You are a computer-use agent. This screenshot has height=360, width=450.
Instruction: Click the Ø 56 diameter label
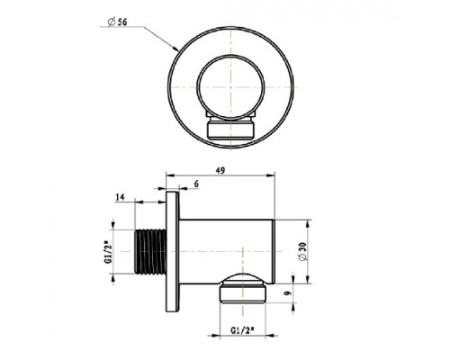pyautogui.click(x=117, y=22)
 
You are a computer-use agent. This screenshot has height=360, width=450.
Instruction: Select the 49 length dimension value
pyautogui.click(x=220, y=170)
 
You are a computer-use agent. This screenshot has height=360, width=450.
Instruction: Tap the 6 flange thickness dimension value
pyautogui.click(x=196, y=184)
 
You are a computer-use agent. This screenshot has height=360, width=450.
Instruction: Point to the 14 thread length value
pyautogui.click(x=120, y=197)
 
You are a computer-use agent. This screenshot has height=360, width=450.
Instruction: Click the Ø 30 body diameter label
pyautogui.click(x=302, y=251)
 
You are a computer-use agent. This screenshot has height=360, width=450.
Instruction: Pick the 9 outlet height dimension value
pyautogui.click(x=288, y=293)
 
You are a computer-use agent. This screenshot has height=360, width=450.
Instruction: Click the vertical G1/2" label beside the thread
pyautogui.click(x=108, y=251)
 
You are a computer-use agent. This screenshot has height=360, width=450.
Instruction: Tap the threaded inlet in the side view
pyautogui.click(x=150, y=251)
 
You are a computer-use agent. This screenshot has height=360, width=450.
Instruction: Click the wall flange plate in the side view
pyautogui.click(x=173, y=251)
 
